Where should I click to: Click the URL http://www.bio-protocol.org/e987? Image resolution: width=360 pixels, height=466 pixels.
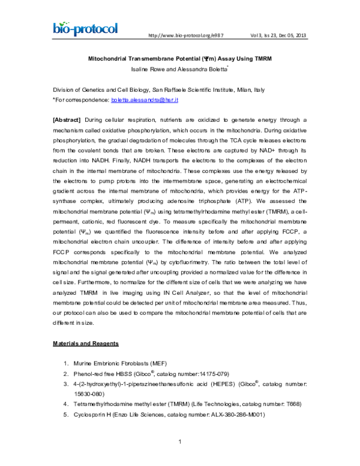tap(181, 35)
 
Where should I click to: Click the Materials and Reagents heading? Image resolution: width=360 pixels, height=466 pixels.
tap(90, 343)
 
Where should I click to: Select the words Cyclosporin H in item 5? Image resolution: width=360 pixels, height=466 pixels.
tap(93, 415)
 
